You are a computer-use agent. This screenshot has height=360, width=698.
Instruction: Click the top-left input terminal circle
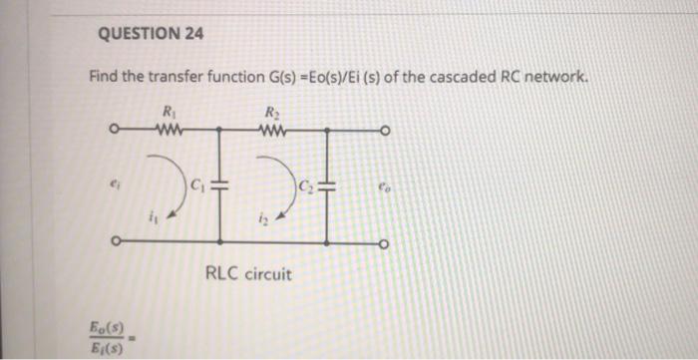pyautogui.click(x=116, y=129)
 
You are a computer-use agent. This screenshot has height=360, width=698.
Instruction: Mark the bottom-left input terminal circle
pyautogui.click(x=116, y=240)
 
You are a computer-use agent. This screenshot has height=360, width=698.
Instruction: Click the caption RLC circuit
pyautogui.click(x=248, y=272)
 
